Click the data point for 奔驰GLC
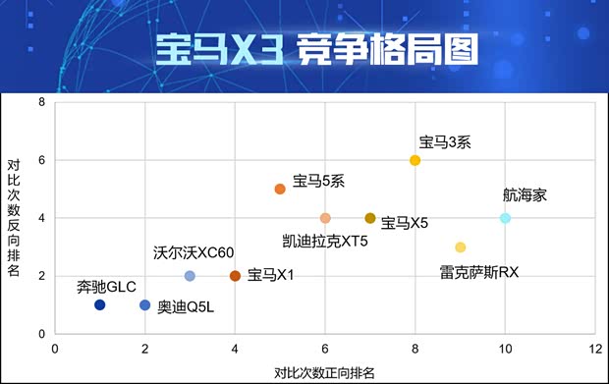pos(100,305)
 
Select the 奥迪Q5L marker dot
pos(145,305)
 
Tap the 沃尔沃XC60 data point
pos(190,276)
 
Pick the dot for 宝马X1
pos(235,276)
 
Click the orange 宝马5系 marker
pos(280,189)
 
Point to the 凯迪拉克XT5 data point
pos(325,218)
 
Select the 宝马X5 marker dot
pos(370,218)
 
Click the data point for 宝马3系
pos(415,160)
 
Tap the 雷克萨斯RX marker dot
pos(461,247)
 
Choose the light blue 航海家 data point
pos(505,218)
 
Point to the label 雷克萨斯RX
pos(478,271)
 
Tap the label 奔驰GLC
pos(105,287)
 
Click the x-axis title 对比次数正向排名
pos(323,372)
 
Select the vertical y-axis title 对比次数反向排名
pos(14,218)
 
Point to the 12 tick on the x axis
pos(594,349)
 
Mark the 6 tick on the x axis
pos(325,349)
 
